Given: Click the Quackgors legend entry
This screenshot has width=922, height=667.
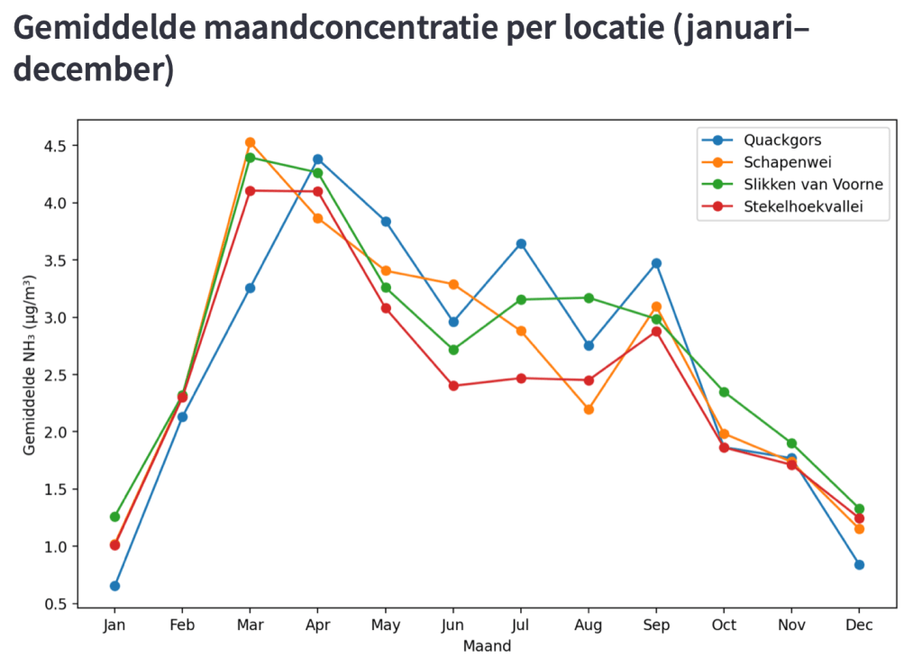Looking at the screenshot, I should [x=781, y=140].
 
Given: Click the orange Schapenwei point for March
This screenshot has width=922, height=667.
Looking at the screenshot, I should [x=250, y=142].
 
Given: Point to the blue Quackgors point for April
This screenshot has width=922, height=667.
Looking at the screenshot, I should [x=317, y=160].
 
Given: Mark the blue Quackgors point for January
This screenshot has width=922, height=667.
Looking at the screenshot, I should [x=114, y=586].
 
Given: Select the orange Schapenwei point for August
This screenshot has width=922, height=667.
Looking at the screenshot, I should [x=589, y=409].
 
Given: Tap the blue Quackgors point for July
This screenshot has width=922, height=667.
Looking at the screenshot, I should [x=521, y=243].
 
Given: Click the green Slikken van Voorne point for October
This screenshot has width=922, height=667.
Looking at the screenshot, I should [x=724, y=392].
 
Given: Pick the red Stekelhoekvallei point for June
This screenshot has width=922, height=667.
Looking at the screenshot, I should [x=453, y=386].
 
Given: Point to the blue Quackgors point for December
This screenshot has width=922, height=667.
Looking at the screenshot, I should [x=859, y=564].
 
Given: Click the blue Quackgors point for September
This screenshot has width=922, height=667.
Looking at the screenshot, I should [x=656, y=263].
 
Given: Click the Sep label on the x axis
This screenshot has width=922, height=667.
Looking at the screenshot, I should [x=656, y=626].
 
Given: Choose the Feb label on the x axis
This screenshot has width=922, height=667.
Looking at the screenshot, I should [x=182, y=626].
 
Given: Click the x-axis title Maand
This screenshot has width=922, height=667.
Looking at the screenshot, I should [x=487, y=646].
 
